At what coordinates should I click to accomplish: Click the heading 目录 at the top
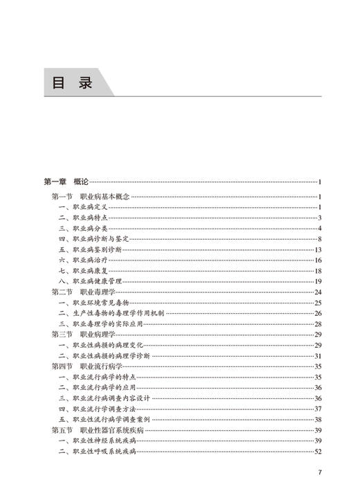click(72, 83)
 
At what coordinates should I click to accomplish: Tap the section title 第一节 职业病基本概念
click(91, 197)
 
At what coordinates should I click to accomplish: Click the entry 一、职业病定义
click(82, 207)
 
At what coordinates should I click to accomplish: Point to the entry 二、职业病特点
click(82, 218)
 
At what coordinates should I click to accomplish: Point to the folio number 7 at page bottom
click(320, 473)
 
